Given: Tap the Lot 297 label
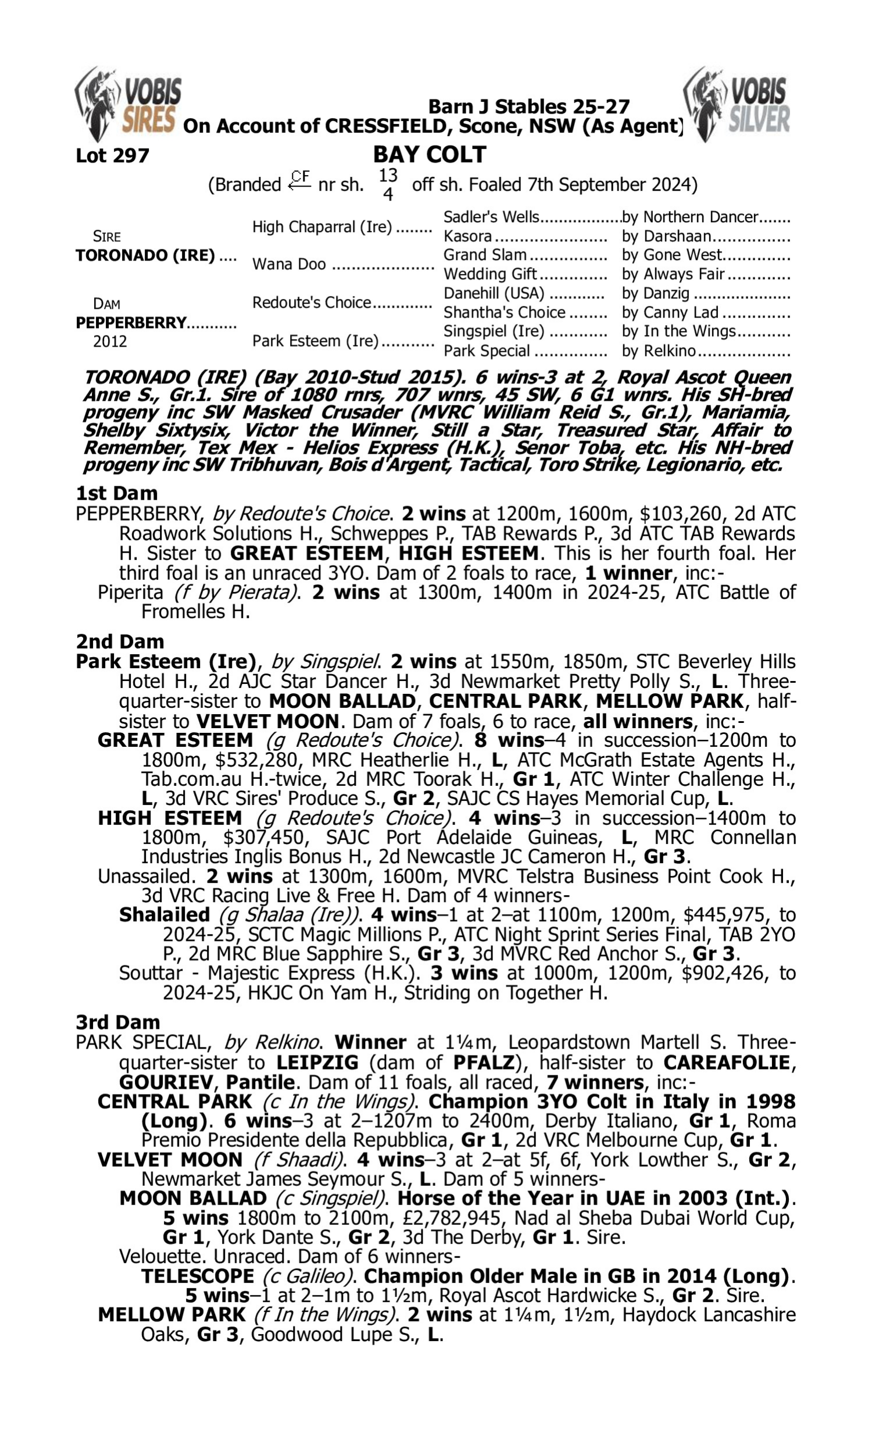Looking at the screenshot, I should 112,156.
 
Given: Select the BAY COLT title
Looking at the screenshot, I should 430,155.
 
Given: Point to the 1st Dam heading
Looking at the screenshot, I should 117,493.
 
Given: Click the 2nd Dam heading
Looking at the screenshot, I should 120,641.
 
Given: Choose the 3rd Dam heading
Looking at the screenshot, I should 118,1022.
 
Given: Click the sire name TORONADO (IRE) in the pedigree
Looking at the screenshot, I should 145,256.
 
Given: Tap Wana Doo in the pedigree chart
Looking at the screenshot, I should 289,264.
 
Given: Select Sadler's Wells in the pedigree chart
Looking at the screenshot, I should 491,217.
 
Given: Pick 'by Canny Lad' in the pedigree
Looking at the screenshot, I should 670,312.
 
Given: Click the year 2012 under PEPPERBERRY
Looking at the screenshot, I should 110,341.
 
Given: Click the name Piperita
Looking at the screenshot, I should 130,592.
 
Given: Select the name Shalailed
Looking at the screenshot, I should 165,915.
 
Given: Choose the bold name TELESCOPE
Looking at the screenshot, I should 198,1276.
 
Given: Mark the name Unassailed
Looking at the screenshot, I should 146,876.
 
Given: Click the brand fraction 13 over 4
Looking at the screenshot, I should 388,184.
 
